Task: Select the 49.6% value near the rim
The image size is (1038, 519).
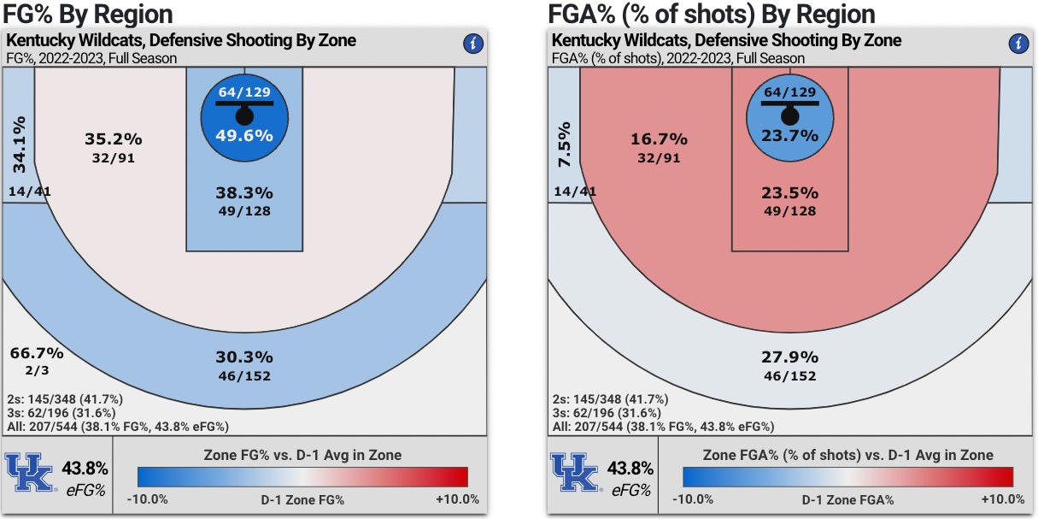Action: pyautogui.click(x=244, y=135)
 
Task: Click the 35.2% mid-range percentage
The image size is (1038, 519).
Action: pyautogui.click(x=114, y=139)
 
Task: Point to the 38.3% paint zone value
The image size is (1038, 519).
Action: pyautogui.click(x=244, y=192)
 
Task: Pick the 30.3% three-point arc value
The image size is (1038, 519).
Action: pyautogui.click(x=244, y=357)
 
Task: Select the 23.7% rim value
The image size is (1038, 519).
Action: pyautogui.click(x=789, y=135)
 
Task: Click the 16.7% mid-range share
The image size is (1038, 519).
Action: pyautogui.click(x=659, y=139)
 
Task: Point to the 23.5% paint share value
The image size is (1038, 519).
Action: pyautogui.click(x=789, y=192)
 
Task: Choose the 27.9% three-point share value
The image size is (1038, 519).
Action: pyautogui.click(x=789, y=357)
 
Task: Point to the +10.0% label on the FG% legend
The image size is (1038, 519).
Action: pyautogui.click(x=458, y=499)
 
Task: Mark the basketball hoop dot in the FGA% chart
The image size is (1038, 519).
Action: pyautogui.click(x=789, y=115)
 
